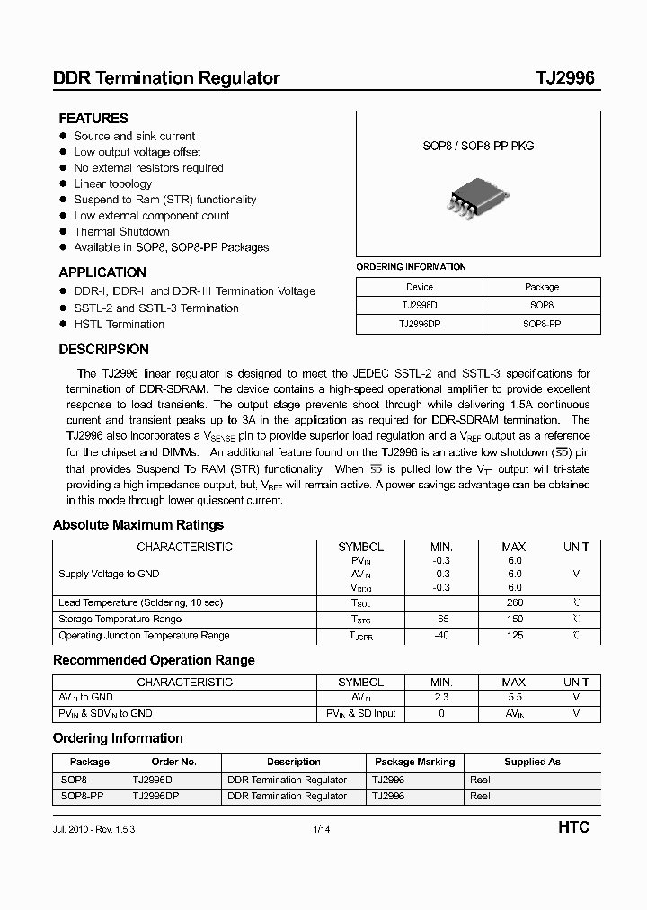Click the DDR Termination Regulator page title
pyautogui.click(x=166, y=78)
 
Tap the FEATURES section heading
pyautogui.click(x=93, y=118)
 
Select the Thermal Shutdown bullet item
pyautogui.click(x=121, y=231)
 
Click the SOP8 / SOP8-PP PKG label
pyautogui.click(x=478, y=146)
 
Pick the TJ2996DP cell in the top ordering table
pyautogui.click(x=420, y=324)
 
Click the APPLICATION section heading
pyautogui.click(x=102, y=272)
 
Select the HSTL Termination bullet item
pyautogui.click(x=119, y=324)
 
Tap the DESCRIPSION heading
pyautogui.click(x=104, y=350)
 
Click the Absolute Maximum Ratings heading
pyautogui.click(x=138, y=525)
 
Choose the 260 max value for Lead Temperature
pyautogui.click(x=514, y=602)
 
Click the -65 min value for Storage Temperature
pyautogui.click(x=441, y=619)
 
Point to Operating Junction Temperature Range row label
pyautogui.click(x=144, y=635)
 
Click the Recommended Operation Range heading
pyautogui.click(x=154, y=660)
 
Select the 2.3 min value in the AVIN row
pyautogui.click(x=441, y=697)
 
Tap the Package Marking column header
pyautogui.click(x=414, y=762)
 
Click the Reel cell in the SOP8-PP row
pyautogui.click(x=480, y=796)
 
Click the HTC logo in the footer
pyautogui.click(x=573, y=827)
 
